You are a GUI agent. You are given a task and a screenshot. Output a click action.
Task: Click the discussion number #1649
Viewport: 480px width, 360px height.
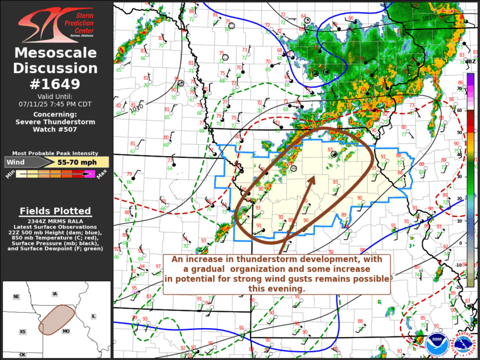click(56, 83)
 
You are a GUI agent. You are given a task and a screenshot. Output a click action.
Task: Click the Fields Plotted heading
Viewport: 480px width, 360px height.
click(55, 211)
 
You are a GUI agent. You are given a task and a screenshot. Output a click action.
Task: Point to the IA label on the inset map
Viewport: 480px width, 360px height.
click(55, 293)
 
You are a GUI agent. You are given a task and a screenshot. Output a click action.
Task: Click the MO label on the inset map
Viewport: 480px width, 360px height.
click(66, 332)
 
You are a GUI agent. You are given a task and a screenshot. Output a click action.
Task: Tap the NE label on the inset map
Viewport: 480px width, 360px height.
click(16, 296)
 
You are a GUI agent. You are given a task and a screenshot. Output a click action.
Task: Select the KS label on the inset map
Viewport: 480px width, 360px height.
click(22, 332)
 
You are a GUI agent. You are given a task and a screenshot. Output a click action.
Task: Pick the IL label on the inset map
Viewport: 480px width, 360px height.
click(93, 316)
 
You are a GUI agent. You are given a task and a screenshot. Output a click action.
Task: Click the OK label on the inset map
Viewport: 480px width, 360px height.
click(22, 355)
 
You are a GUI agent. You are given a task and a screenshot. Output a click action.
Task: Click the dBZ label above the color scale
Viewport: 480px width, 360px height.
click(470, 61)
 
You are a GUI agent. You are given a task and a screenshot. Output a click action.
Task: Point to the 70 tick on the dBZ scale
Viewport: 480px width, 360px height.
click(460, 88)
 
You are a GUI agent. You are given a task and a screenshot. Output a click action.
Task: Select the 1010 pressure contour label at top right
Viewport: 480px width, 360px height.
click(429, 19)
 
